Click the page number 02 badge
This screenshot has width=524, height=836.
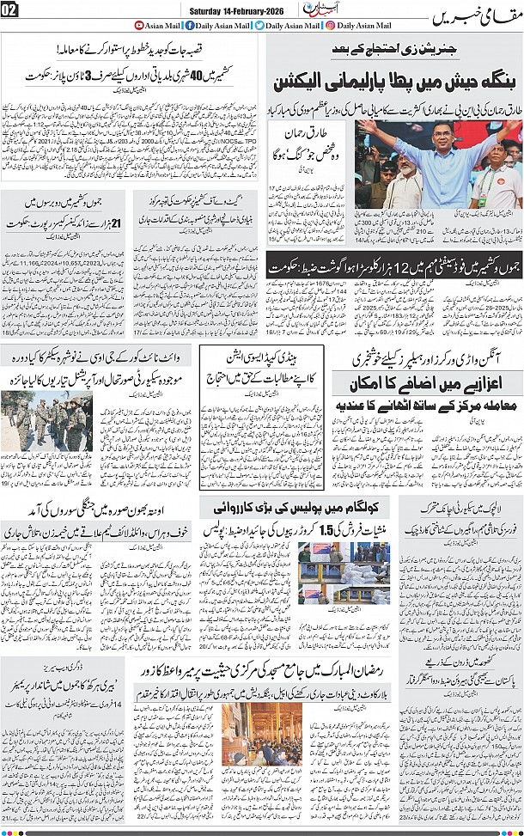click(11, 10)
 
